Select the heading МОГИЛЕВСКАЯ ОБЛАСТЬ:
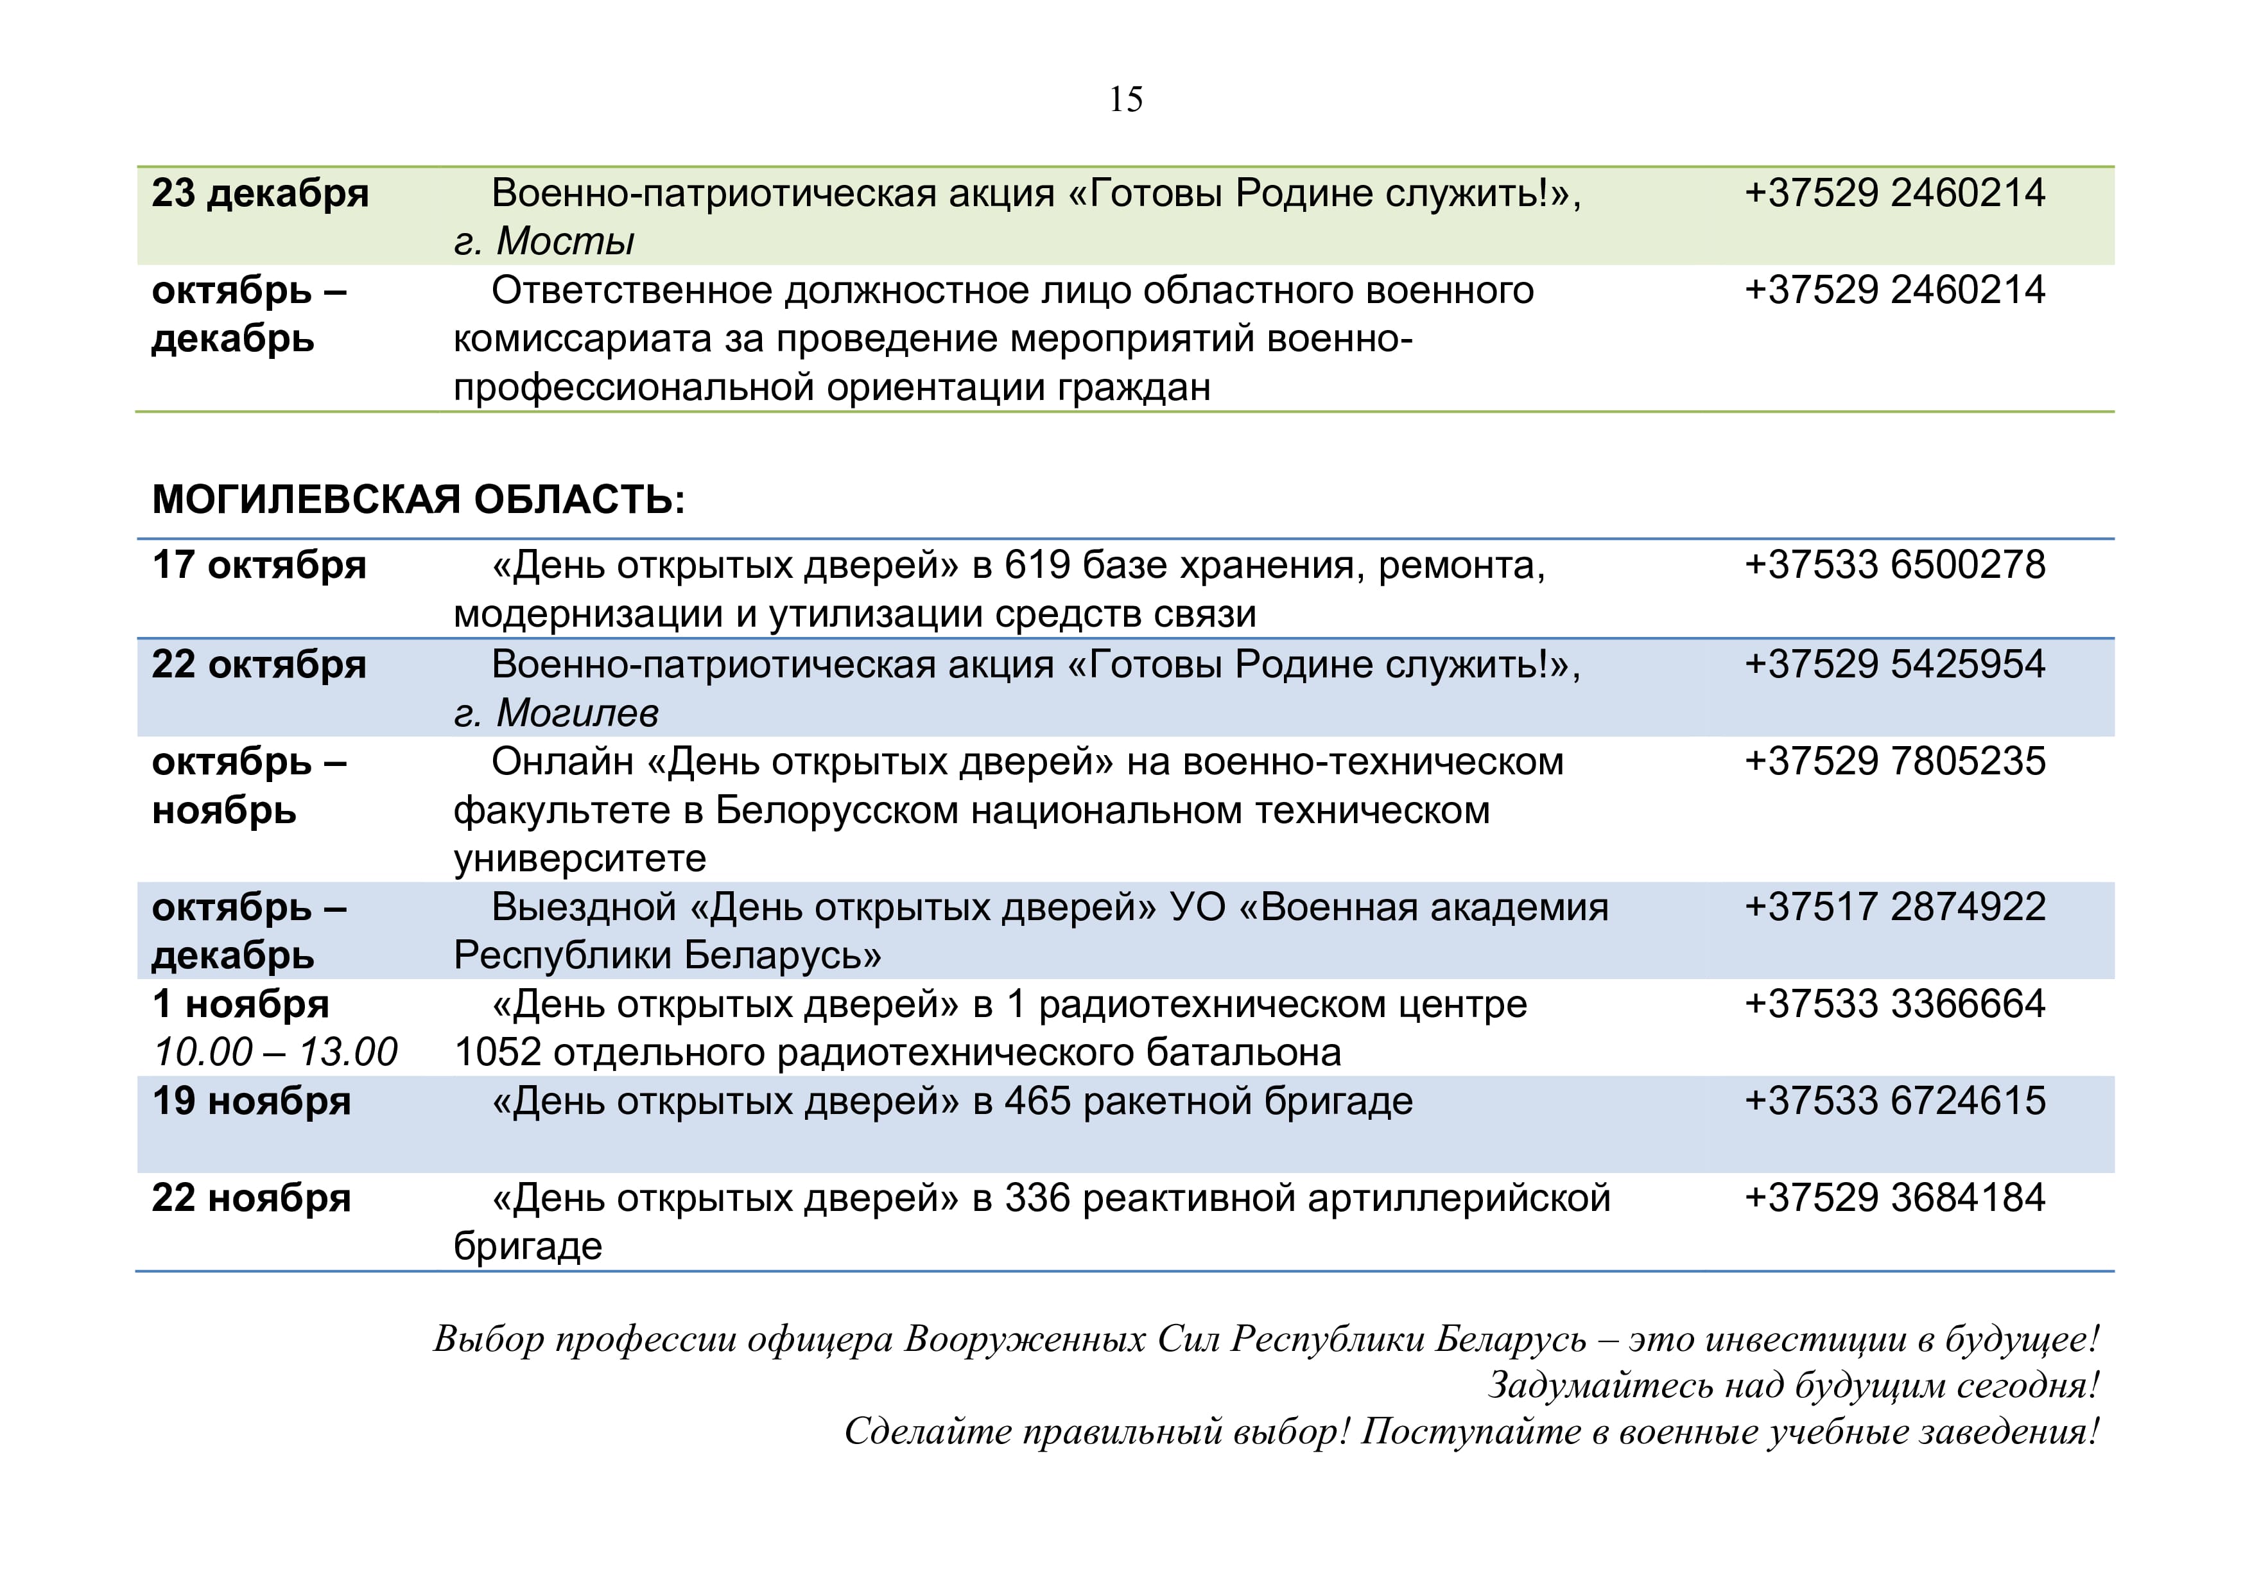point(418,500)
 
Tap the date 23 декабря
point(260,193)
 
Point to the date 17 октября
point(259,566)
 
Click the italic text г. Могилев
point(556,713)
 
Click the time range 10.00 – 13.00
point(275,1052)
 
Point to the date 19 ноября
point(251,1102)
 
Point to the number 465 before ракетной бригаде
point(1037,1102)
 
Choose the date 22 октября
point(259,665)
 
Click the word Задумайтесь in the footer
point(1609,1385)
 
